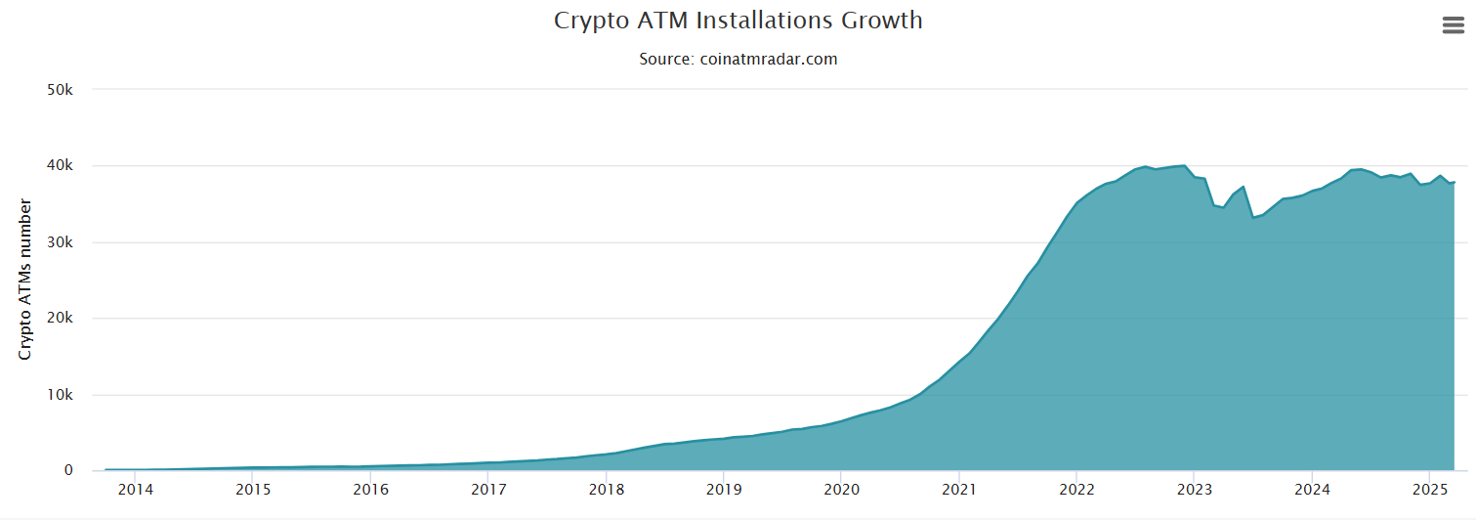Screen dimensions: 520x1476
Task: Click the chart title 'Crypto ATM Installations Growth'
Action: (738, 20)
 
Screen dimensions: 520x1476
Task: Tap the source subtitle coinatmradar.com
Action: (738, 59)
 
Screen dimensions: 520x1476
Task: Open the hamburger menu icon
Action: (1453, 26)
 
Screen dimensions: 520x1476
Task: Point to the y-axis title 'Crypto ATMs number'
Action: (25, 280)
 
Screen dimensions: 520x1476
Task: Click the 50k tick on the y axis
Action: (61, 90)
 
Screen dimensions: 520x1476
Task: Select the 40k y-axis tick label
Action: (61, 166)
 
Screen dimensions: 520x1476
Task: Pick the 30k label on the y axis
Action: (61, 242)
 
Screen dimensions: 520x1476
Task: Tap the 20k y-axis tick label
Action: (61, 319)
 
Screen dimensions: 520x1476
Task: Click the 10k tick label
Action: (61, 395)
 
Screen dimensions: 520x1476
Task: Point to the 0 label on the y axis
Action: (68, 471)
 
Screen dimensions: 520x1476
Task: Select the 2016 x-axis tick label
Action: (370, 489)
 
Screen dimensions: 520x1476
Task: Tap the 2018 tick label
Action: (606, 489)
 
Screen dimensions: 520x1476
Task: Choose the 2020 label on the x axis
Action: (841, 489)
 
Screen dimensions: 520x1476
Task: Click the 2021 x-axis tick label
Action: (958, 489)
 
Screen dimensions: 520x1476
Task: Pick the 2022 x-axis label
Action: (1076, 489)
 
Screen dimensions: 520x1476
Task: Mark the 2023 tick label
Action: (1194, 489)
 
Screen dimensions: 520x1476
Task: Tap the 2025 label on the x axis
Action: (1429, 489)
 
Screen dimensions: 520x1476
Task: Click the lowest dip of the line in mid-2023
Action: (1252, 217)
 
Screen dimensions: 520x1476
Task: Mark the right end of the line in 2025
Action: (1455, 182)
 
